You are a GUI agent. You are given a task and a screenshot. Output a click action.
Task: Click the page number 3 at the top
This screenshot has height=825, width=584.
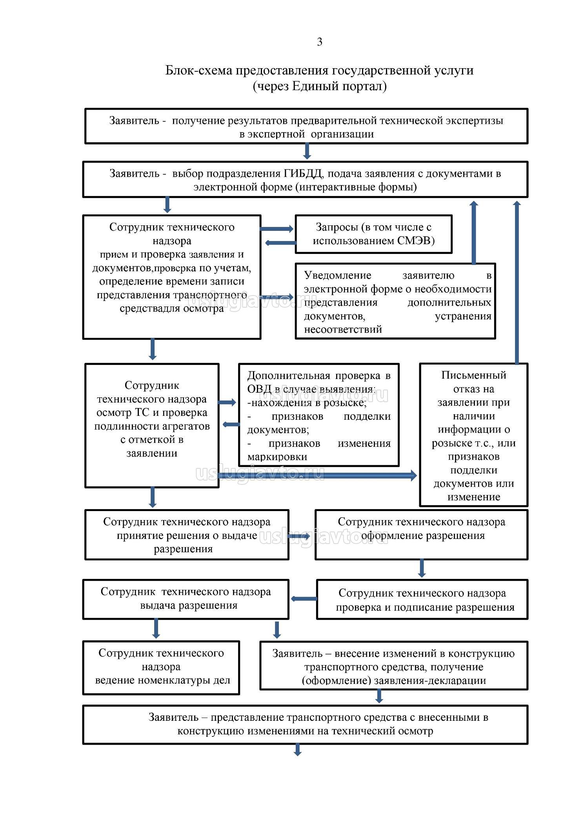(x=319, y=42)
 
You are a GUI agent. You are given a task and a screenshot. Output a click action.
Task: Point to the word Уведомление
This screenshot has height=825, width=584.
(x=337, y=276)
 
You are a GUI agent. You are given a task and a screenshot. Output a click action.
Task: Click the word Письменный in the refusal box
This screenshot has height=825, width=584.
(x=473, y=375)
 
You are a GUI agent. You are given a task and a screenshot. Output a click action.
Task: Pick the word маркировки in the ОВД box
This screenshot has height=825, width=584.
(x=277, y=457)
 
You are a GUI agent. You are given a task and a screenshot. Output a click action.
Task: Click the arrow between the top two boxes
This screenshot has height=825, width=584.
(x=307, y=152)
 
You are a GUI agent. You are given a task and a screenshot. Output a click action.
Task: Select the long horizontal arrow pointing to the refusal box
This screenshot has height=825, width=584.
(x=318, y=476)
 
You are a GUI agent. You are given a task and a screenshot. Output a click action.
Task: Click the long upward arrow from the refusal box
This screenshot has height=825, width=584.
(x=517, y=282)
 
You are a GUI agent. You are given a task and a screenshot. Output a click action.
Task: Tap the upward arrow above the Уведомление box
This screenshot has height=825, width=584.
(x=474, y=232)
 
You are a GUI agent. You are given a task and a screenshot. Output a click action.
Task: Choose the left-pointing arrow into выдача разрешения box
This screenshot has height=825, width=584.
(x=304, y=599)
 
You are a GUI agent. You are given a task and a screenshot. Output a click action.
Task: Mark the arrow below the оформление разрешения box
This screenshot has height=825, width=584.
(x=422, y=568)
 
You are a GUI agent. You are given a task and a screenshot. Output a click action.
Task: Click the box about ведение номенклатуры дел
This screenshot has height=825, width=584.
(x=161, y=667)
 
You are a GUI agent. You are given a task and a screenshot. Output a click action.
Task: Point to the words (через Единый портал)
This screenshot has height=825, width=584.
(x=319, y=86)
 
